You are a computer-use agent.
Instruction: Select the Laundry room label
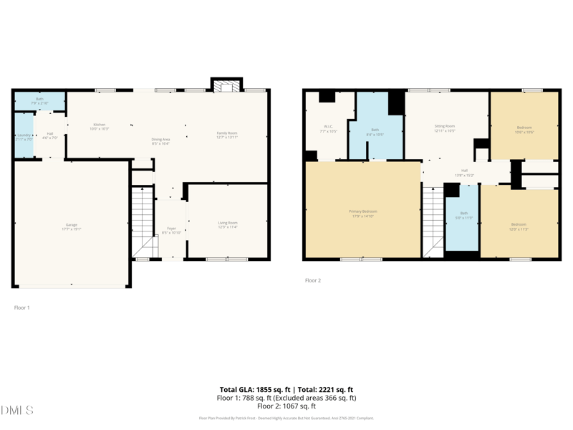click(23, 136)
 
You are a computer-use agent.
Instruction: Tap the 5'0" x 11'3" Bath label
click(463, 215)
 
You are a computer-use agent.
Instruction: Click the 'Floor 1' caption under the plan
click(22, 307)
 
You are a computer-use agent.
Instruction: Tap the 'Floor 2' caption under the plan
click(313, 280)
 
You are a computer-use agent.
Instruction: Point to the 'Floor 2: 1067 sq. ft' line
click(286, 406)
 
